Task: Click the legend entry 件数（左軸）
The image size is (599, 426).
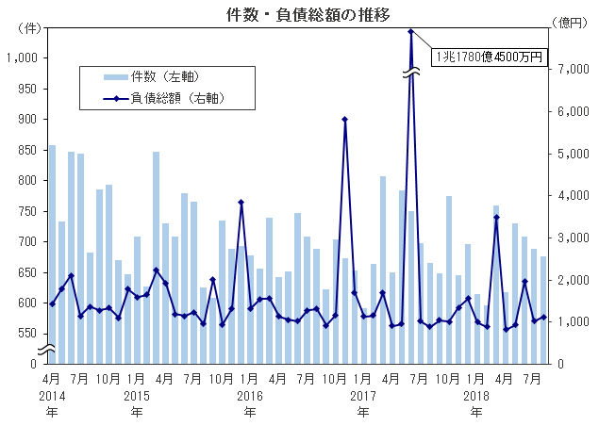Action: click(165, 75)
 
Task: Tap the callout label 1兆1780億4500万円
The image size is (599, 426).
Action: click(489, 57)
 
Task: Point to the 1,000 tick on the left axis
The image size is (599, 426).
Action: click(21, 58)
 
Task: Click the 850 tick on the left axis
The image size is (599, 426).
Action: click(26, 150)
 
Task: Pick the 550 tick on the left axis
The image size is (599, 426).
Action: click(26, 333)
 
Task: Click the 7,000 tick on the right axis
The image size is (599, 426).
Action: click(567, 69)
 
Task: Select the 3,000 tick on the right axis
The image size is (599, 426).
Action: click(567, 238)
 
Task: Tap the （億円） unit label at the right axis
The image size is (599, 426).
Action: click(568, 29)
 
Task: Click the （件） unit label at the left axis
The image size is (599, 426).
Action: click(29, 29)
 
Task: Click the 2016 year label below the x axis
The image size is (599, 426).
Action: click(250, 396)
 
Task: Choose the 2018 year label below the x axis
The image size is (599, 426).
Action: click(477, 396)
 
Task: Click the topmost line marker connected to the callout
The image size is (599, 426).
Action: click(411, 31)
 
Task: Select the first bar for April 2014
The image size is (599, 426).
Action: click(52, 254)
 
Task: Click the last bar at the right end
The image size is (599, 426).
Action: click(543, 310)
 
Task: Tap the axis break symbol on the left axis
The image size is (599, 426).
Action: click(47, 351)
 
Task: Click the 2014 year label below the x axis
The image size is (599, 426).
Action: click(52, 396)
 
